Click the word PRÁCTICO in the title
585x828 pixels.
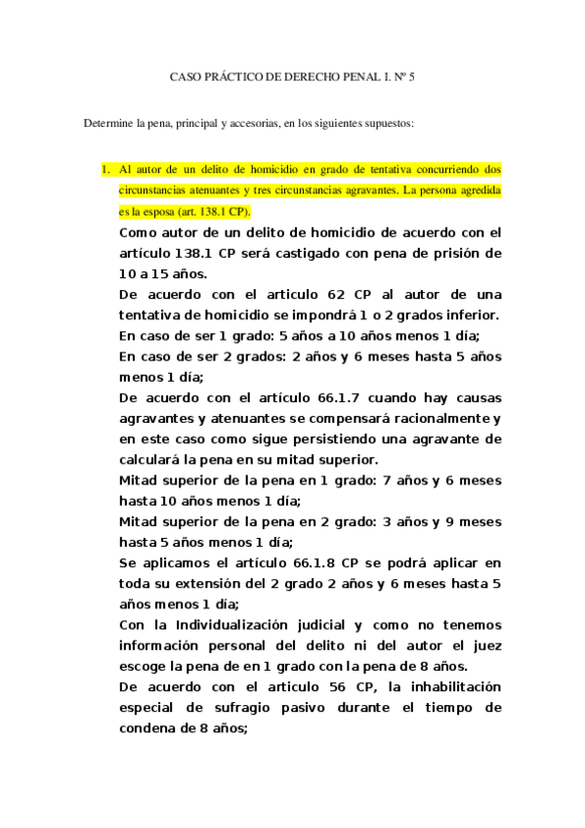point(230,75)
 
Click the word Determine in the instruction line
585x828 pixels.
point(108,124)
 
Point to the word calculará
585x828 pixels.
point(160,460)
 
